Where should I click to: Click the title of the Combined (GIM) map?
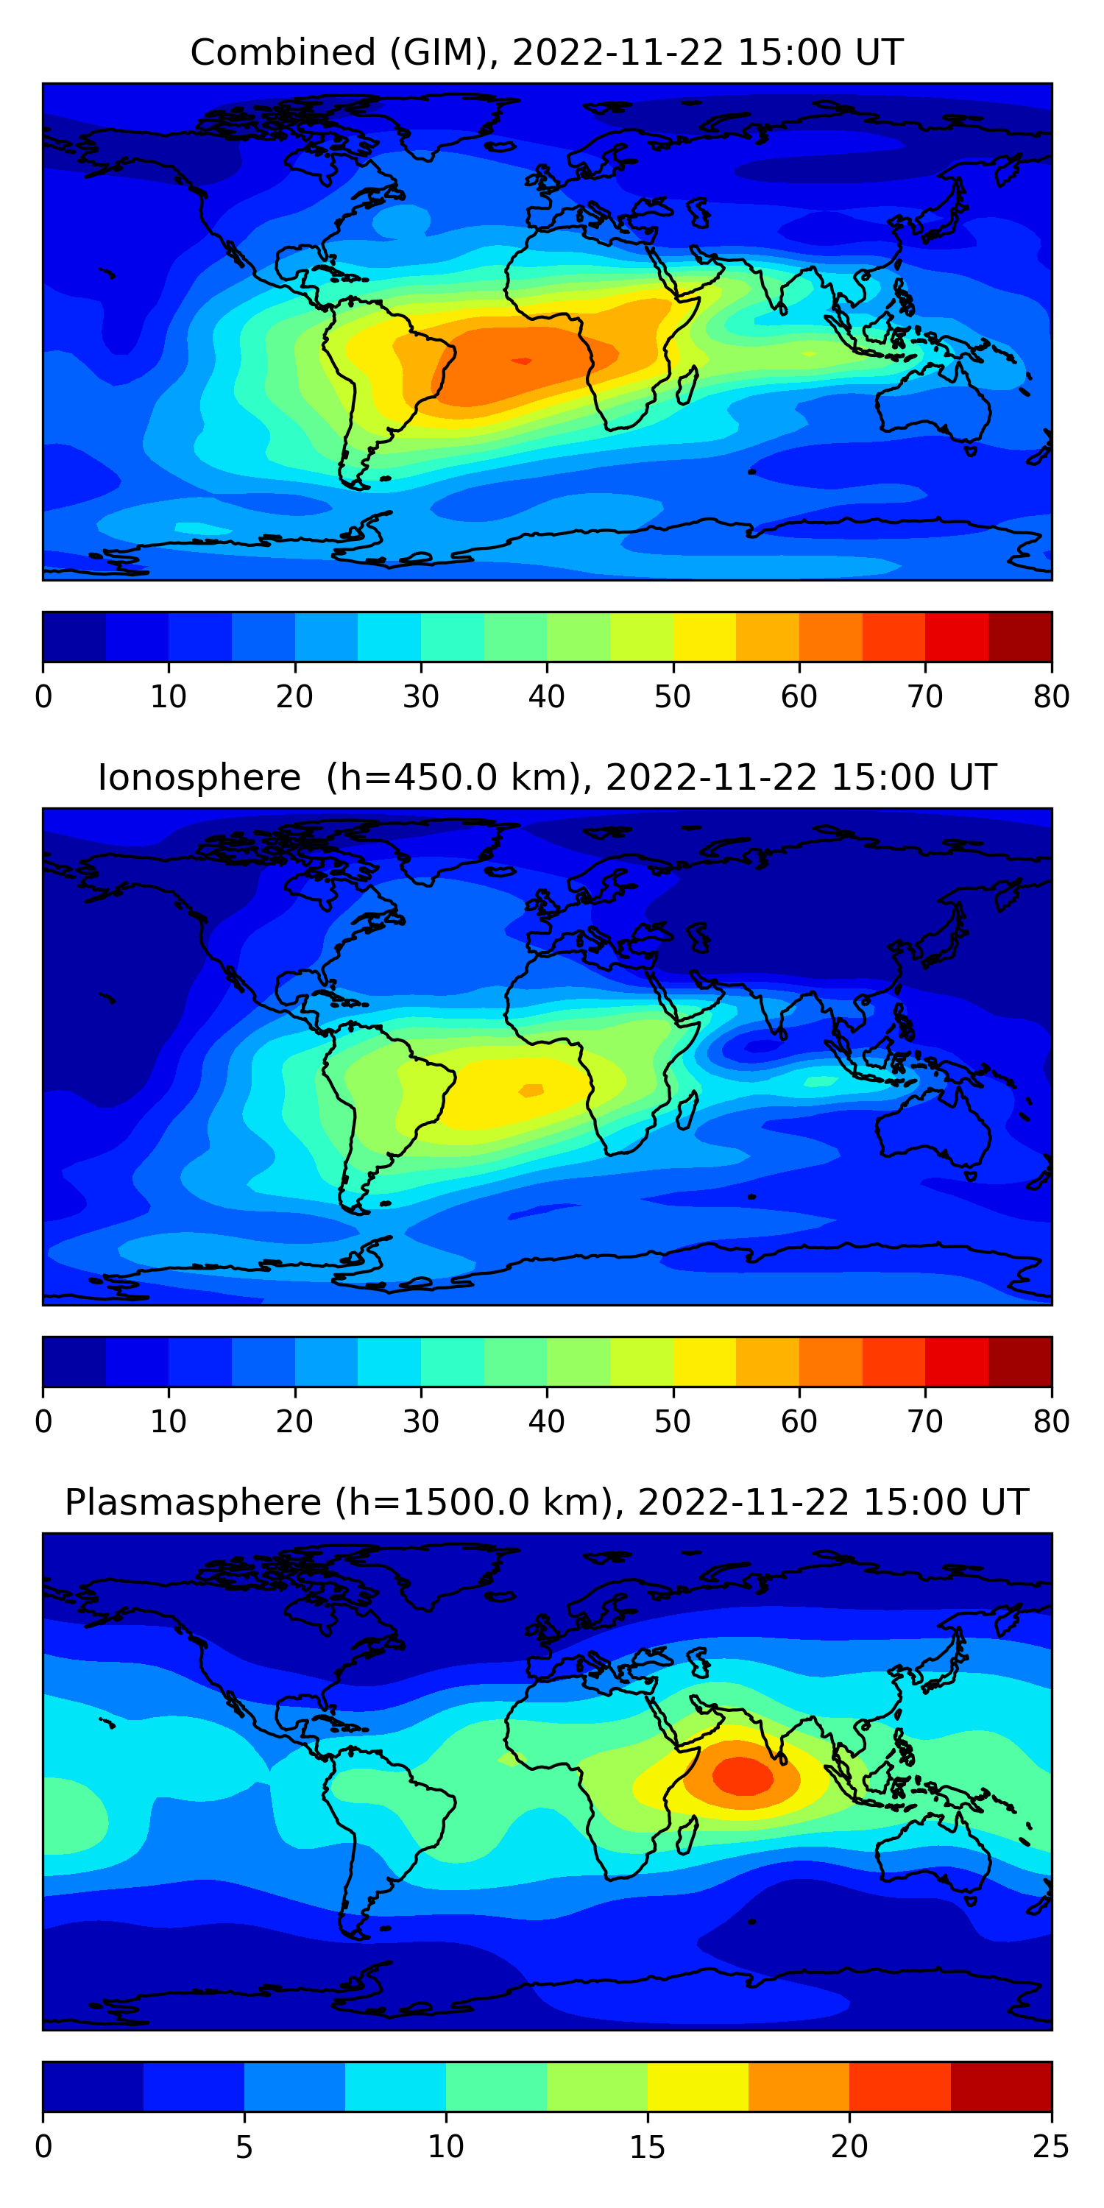click(546, 53)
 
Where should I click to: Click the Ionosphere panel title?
click(546, 777)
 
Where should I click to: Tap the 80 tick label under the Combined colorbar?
click(1051, 697)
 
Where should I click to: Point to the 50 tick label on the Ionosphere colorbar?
click(673, 1422)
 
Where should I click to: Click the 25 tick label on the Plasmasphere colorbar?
click(1051, 2146)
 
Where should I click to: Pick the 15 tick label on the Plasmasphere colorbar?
click(647, 2146)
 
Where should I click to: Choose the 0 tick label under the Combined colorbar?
click(43, 697)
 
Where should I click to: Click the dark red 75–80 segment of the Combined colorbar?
click(1020, 637)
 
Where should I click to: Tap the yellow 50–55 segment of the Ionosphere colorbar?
click(704, 1361)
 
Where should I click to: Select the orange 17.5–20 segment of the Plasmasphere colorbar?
click(799, 2087)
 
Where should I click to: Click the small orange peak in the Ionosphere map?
click(531, 1090)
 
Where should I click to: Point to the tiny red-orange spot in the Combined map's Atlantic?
click(521, 361)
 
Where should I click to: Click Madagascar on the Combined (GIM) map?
click(686, 386)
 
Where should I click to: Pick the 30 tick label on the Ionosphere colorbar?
click(421, 1422)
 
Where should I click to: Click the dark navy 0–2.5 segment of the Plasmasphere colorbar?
click(93, 2087)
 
